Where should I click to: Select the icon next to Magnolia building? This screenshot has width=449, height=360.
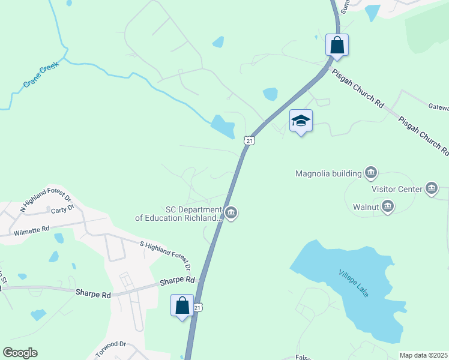pyautogui.click(x=371, y=174)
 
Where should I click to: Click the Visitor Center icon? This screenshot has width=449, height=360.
pyautogui.click(x=431, y=189)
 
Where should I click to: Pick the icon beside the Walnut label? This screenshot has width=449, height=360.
pyautogui.click(x=387, y=207)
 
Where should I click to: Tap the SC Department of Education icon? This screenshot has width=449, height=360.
pyautogui.click(x=231, y=213)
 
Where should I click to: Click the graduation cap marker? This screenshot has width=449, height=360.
pyautogui.click(x=301, y=121)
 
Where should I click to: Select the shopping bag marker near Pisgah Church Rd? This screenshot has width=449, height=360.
pyautogui.click(x=337, y=45)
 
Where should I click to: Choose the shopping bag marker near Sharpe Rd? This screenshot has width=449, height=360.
pyautogui.click(x=182, y=305)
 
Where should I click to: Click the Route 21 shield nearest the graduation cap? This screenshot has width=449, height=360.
pyautogui.click(x=250, y=140)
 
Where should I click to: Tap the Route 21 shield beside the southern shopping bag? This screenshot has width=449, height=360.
pyautogui.click(x=199, y=307)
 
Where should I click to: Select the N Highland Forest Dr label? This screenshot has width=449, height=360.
pyautogui.click(x=46, y=198)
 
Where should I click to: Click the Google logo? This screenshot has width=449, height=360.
pyautogui.click(x=20, y=353)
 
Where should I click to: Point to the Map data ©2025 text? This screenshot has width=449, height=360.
pyautogui.click(x=423, y=355)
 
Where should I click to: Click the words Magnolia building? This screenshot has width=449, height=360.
pyautogui.click(x=328, y=174)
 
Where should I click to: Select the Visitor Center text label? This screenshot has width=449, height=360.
pyautogui.click(x=397, y=189)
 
